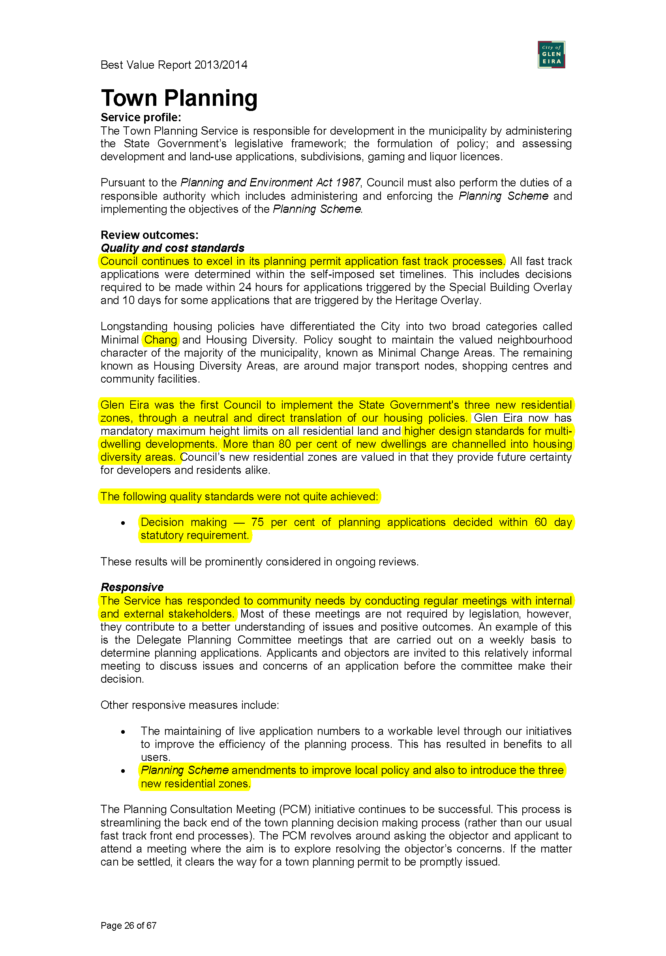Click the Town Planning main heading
tap(179, 98)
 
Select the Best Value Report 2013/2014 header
tap(174, 65)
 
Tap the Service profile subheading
tap(141, 117)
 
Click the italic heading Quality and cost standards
tap(173, 248)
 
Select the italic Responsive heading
tap(132, 587)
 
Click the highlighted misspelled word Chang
tap(161, 340)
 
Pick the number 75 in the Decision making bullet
tap(257, 522)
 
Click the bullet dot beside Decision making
tap(123, 523)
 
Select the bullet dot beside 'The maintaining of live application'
tap(123, 732)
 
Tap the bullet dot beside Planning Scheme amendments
tap(123, 771)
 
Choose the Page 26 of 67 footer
tap(128, 925)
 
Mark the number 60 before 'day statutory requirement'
tap(541, 522)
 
